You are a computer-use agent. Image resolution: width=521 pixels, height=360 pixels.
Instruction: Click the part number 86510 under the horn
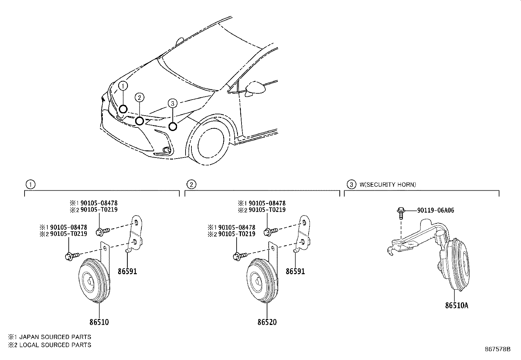(x=99, y=322)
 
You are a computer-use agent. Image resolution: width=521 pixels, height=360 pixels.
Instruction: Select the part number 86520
(x=267, y=322)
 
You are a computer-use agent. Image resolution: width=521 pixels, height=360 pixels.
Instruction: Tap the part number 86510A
(x=457, y=306)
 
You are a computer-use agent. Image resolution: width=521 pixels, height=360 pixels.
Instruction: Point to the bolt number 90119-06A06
(x=436, y=210)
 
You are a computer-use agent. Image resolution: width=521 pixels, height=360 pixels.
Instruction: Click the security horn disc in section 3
(x=456, y=265)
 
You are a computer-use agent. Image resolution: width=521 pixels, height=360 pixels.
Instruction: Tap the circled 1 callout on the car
(x=123, y=86)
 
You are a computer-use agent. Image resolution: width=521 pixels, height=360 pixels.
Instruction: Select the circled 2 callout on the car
(x=139, y=97)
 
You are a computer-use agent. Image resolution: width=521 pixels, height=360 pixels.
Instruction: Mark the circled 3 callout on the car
(x=172, y=103)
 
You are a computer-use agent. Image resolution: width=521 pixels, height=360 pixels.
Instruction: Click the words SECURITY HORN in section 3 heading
(x=389, y=184)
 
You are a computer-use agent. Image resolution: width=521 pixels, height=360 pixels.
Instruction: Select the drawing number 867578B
(x=497, y=349)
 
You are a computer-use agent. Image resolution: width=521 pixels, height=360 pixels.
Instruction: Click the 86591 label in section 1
(x=127, y=271)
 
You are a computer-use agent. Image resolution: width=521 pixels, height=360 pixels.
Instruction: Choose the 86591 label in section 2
(x=295, y=271)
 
